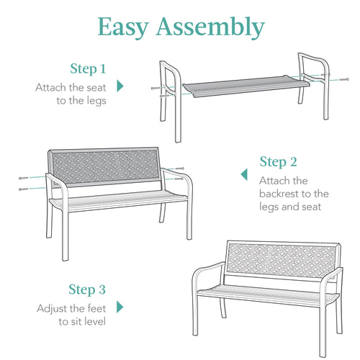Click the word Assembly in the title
point(212,27)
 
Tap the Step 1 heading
point(88,69)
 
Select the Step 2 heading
point(279,161)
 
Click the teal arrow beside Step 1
point(120,86)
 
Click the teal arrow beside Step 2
point(244,175)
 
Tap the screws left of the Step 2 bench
point(26,183)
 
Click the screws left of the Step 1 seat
point(158,89)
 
